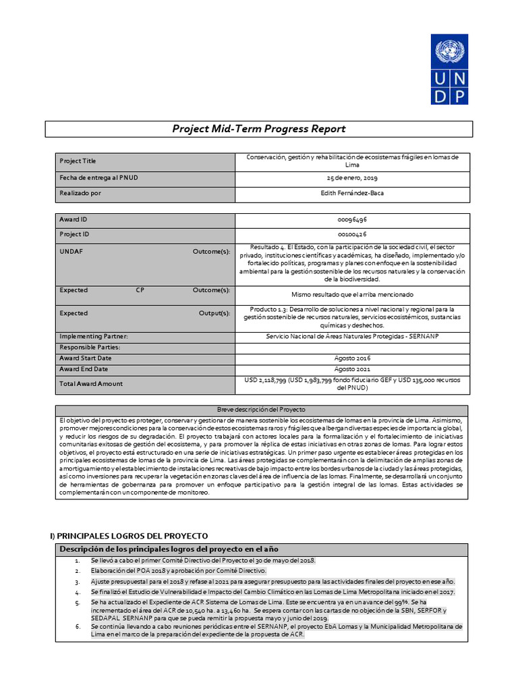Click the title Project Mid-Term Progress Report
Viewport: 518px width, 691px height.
coord(259,129)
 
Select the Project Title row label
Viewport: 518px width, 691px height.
coord(78,161)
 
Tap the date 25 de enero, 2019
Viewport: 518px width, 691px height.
coord(352,177)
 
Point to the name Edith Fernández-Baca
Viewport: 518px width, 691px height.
coord(352,193)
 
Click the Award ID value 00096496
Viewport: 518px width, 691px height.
coord(352,220)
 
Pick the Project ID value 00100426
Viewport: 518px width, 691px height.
coord(352,234)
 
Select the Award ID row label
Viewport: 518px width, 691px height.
coord(74,220)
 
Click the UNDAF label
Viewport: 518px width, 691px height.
coord(71,252)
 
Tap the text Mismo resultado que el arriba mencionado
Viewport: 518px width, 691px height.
coord(352,295)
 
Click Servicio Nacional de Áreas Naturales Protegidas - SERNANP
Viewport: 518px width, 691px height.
coord(352,336)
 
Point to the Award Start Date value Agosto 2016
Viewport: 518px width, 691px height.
coord(352,358)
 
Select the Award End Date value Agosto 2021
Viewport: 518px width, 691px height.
coord(352,369)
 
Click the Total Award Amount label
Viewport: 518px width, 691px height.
coord(91,384)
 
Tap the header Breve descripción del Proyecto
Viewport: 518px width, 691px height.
coord(260,410)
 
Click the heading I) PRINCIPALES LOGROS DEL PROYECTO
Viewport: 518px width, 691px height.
coord(129,535)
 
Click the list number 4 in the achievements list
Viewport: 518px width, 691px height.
coord(78,592)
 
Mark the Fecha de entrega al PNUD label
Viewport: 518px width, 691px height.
coord(99,177)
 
